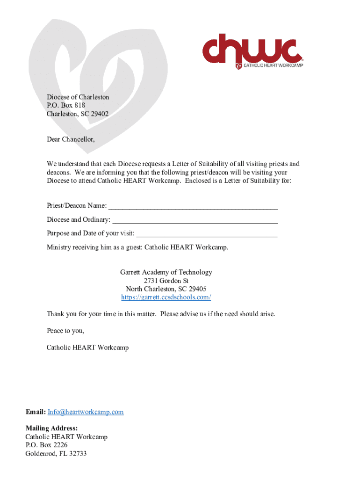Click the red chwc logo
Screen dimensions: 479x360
pyautogui.click(x=251, y=48)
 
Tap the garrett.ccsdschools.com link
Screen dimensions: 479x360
pyautogui.click(x=166, y=298)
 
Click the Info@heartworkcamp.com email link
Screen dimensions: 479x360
pyautogui.click(x=86, y=412)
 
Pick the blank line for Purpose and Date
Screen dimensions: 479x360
pyautogui.click(x=207, y=233)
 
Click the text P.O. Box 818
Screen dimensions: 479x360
pyautogui.click(x=65, y=106)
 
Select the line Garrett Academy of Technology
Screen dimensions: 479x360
pyautogui.click(x=166, y=272)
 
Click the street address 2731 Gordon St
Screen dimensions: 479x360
pyautogui.click(x=166, y=281)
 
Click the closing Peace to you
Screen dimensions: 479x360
pyautogui.click(x=65, y=331)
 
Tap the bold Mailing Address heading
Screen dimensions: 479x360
pyautogui.click(x=51, y=428)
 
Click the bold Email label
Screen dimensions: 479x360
pyautogui.click(x=35, y=412)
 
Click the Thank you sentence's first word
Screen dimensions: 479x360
pyautogui.click(x=55, y=314)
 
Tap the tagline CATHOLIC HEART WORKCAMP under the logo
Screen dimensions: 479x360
pyautogui.click(x=273, y=66)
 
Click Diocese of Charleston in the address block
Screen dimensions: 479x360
pyautogui.click(x=78, y=97)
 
